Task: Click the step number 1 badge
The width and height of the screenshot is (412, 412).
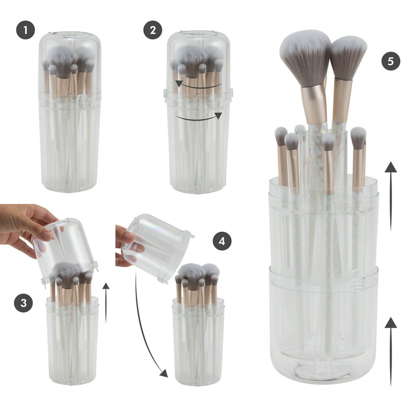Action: point(26,30)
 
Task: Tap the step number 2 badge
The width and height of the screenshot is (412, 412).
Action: point(153,30)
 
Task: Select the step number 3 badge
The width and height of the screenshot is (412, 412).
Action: point(24,303)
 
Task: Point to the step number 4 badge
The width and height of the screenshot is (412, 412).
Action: point(222,241)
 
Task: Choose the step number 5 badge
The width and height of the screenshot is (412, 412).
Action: point(391,61)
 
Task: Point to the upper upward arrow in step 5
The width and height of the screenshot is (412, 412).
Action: point(391,196)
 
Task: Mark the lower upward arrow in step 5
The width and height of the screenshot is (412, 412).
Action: point(391,351)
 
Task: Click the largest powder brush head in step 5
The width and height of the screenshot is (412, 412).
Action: point(305,58)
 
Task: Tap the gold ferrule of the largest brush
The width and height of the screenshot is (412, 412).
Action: point(314,105)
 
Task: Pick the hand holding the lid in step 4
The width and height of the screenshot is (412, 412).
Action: point(128,246)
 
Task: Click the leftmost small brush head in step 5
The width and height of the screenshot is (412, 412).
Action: point(281,136)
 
